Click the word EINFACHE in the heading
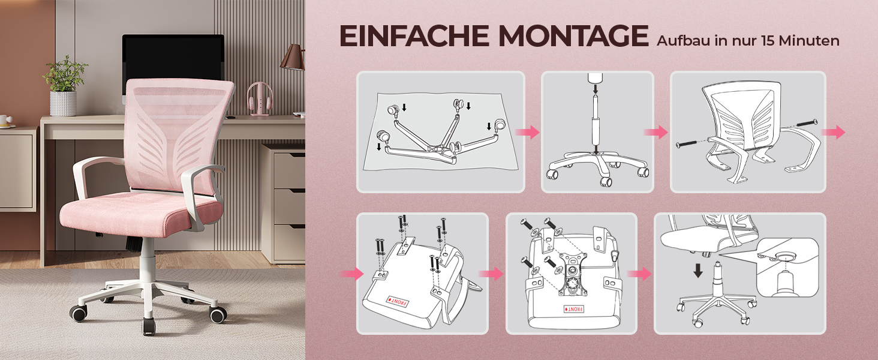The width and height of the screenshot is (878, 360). coord(414,35)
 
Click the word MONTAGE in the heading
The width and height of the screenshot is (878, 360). coord(573,35)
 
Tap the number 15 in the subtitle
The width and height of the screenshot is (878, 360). coord(768,41)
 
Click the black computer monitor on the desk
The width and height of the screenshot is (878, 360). coord(173,64)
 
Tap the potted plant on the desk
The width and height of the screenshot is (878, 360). coord(64,86)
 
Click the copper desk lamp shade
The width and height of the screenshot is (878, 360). coord(293,57)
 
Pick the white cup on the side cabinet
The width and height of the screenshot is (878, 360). coord(6,121)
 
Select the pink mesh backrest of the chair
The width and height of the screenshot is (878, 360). coord(178,135)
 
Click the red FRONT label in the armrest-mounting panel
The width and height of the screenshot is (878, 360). coord(398,302)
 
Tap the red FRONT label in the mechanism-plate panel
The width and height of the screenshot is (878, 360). coord(573,309)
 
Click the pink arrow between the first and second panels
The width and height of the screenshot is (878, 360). coord(527,132)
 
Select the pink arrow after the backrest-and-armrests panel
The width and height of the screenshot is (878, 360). coord(833,132)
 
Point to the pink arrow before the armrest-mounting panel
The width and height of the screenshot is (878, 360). coord(352,274)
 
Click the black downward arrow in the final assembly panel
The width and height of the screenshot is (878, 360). coord(698,271)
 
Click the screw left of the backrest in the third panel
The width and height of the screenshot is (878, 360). coord(686,145)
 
